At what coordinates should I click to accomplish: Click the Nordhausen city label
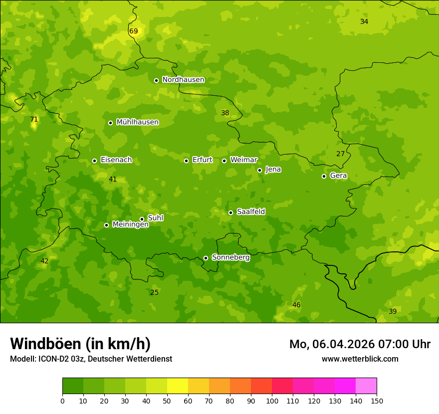click(183, 80)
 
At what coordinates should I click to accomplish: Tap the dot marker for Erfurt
click(186, 161)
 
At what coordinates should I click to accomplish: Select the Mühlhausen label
click(137, 122)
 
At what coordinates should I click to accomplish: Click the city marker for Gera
click(324, 176)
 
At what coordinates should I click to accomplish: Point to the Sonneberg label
click(230, 257)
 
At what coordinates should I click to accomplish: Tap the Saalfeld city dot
click(230, 212)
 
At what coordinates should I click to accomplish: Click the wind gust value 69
click(134, 31)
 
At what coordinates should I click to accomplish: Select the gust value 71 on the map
click(34, 120)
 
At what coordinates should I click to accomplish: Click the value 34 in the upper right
click(364, 21)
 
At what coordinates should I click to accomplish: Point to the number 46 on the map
click(296, 305)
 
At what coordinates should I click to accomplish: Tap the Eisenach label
click(116, 160)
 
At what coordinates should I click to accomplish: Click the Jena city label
click(273, 170)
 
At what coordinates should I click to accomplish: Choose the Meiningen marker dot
click(106, 225)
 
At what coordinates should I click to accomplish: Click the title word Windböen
click(45, 344)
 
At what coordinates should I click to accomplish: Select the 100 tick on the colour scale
click(272, 401)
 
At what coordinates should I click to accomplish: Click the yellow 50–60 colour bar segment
click(178, 386)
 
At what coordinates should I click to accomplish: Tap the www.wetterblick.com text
click(360, 359)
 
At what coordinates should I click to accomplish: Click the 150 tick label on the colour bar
click(377, 401)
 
